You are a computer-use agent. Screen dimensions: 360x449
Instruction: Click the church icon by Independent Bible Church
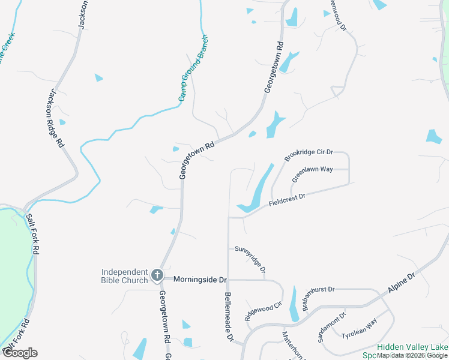tap(157, 275)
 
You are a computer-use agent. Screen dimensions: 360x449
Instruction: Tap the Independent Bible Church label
tap(124, 275)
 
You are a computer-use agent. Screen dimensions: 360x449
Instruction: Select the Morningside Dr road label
tap(200, 280)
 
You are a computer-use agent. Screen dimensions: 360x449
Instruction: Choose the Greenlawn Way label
tap(312, 174)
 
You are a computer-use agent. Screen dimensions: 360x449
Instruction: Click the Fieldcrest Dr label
tap(288, 200)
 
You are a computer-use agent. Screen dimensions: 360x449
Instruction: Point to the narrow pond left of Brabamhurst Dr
tap(294, 305)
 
